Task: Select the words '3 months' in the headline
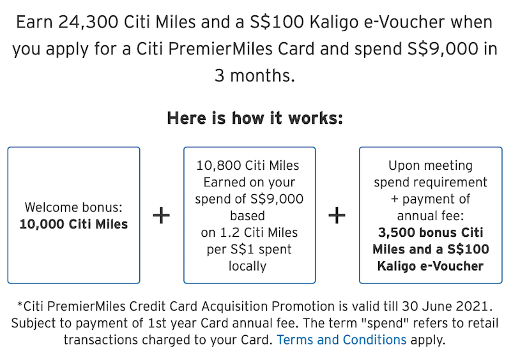coord(255,76)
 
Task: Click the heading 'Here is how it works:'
coord(255,118)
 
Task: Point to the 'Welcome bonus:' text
coord(73,207)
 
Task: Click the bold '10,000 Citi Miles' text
coord(73,224)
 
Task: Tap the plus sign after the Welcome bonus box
coord(162,216)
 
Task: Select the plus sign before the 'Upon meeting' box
coord(337,216)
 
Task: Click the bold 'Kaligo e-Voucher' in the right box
coord(428,266)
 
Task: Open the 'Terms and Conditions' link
coord(341,340)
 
